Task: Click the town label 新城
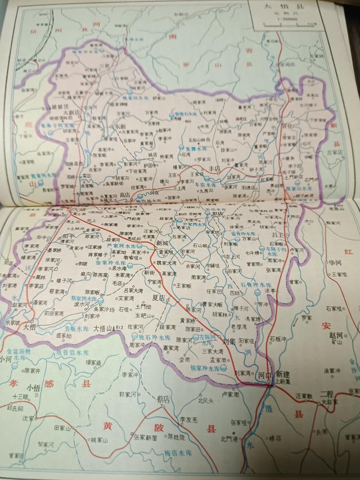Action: point(163,243)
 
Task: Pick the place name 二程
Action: point(326,393)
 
